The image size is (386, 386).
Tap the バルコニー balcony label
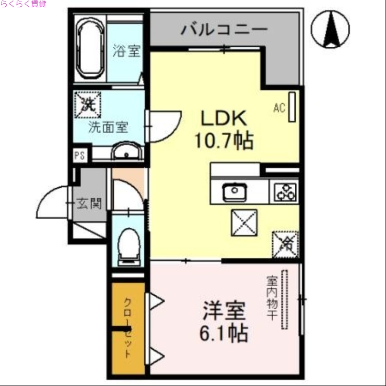click(x=224, y=30)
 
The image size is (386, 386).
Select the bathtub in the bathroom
click(x=91, y=48)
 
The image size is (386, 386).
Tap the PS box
click(x=79, y=155)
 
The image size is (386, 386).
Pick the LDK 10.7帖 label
click(x=223, y=129)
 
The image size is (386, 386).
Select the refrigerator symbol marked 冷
click(x=285, y=244)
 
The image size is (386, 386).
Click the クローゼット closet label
click(x=128, y=328)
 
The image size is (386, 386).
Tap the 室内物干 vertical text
click(x=272, y=298)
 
